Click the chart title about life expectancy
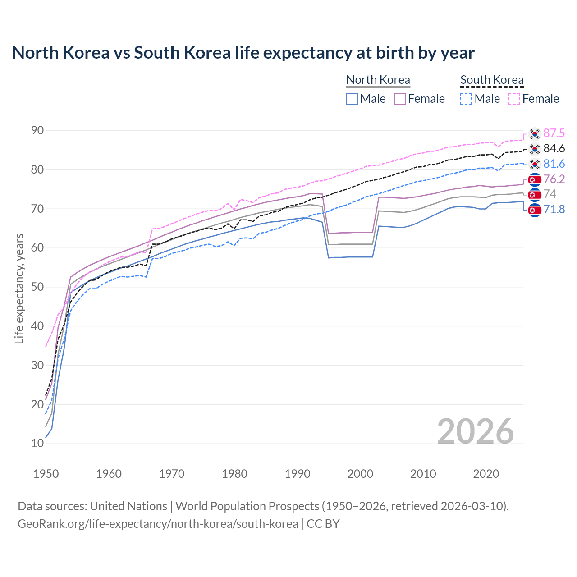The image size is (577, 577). pos(243,53)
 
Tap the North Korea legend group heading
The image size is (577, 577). pos(378,80)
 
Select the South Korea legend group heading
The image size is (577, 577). pos(492,80)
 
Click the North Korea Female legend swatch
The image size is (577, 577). pos(400,99)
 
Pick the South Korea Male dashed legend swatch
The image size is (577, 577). pos(466,99)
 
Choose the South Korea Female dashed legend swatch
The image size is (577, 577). pos(514,99)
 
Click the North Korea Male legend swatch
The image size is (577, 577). pos(352,99)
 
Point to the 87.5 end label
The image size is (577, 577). pos(554,133)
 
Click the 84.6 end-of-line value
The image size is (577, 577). pos(554,148)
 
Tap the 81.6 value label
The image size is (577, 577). pos(554,164)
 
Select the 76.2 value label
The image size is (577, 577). pos(554,179)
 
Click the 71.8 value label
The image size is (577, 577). pos(554,209)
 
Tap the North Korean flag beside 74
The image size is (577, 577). pos(535,194)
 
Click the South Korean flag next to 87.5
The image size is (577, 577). pos(535,133)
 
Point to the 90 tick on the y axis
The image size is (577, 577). pos(37,131)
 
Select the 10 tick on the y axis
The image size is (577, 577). pos(37,444)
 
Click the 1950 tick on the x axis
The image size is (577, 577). pos(46,474)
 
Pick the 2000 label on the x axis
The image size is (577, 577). pos(360,474)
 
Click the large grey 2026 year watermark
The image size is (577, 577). pos(475,431)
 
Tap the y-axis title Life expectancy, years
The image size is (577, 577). pos(19,288)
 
